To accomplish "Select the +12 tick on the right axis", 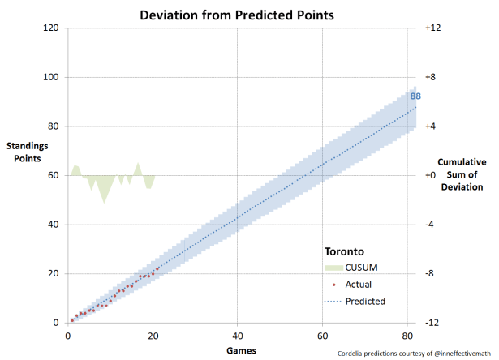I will (x=432, y=28).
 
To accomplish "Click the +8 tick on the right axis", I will (x=432, y=77).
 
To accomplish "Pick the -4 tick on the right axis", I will (x=432, y=225).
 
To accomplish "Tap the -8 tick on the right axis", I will (x=432, y=273).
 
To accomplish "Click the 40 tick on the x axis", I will (x=238, y=334).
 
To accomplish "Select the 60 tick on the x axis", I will (x=323, y=334).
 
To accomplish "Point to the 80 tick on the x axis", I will (x=407, y=334).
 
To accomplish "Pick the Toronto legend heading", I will (x=342, y=251).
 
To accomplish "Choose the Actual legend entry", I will (x=359, y=285).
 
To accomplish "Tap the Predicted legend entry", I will (x=365, y=301).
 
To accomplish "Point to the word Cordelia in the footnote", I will (x=355, y=354).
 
